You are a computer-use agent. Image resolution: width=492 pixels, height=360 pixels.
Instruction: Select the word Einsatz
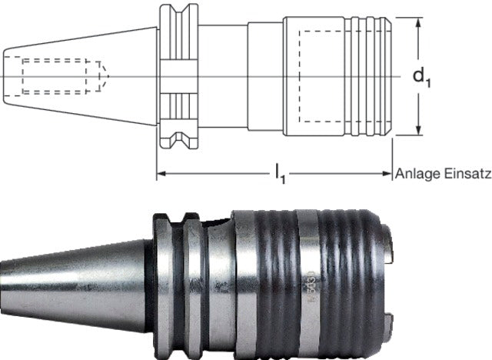point(464,175)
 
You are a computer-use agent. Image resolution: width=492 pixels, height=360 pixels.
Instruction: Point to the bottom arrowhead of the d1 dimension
point(418,132)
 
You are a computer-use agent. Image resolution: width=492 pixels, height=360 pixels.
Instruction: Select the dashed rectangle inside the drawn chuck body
point(323,75)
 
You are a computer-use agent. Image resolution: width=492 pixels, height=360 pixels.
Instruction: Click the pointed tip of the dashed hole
point(108,75)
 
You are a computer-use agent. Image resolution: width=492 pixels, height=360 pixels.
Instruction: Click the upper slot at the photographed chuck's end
point(390,248)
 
